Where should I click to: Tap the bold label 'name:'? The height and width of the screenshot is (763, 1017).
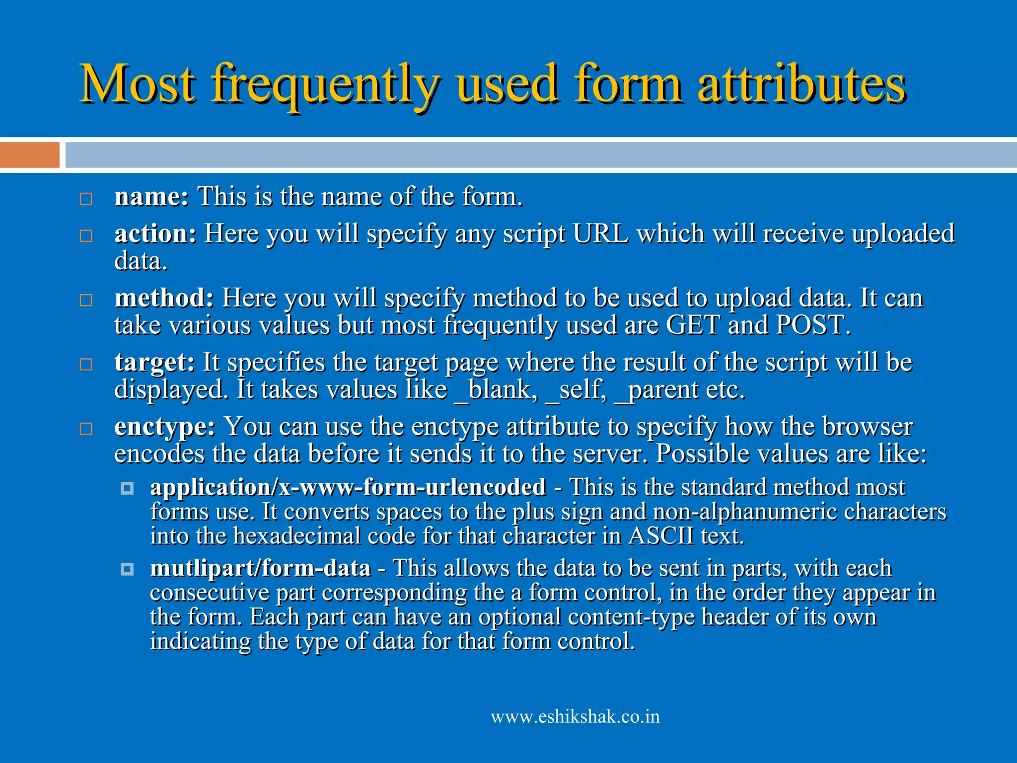(x=151, y=196)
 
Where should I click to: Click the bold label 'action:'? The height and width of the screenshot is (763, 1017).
(x=155, y=233)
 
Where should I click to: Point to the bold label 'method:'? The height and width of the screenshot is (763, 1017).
(x=164, y=298)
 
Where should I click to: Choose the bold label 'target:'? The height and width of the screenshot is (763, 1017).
(x=154, y=362)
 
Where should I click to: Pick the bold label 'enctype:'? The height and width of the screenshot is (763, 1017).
(x=165, y=427)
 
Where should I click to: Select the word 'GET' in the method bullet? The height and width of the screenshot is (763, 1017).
(x=693, y=325)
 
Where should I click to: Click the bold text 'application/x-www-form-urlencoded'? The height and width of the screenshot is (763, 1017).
(x=348, y=487)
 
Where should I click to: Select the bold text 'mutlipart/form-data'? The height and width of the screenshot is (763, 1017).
(x=261, y=568)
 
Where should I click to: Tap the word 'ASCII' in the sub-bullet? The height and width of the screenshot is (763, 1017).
(x=661, y=536)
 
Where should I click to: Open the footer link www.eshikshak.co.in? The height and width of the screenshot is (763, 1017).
(x=575, y=717)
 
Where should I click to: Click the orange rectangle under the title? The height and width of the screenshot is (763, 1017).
(x=30, y=155)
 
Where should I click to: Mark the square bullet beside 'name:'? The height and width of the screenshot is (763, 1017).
(x=86, y=199)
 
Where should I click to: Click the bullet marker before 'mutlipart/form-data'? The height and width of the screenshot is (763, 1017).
(x=127, y=569)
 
